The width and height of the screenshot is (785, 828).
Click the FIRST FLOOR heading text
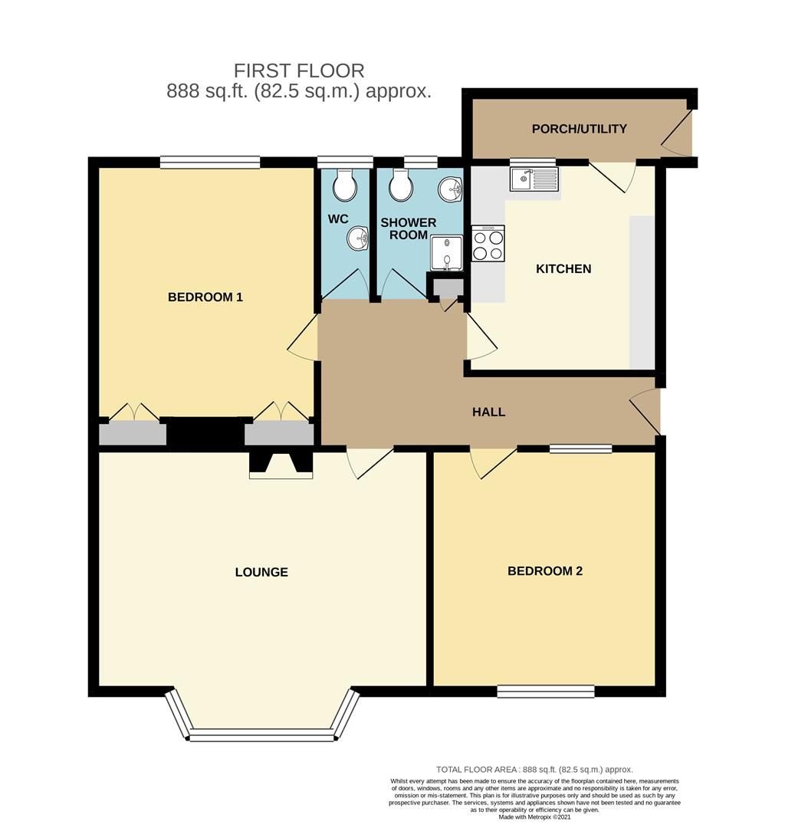[299, 71]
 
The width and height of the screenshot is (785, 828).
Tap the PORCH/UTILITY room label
[579, 129]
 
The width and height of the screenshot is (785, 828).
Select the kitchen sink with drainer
[534, 179]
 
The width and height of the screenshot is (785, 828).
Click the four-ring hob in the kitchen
[488, 244]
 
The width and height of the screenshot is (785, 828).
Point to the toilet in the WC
[344, 184]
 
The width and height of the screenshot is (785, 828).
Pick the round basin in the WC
[356, 238]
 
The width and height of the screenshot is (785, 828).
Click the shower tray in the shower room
[446, 253]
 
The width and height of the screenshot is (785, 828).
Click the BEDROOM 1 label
[205, 297]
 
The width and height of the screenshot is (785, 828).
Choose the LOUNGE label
[261, 572]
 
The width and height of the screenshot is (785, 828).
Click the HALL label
[488, 412]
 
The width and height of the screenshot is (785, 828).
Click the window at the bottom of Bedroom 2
[545, 692]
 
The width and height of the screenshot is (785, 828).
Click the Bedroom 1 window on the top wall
[210, 162]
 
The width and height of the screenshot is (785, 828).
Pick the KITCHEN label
[563, 269]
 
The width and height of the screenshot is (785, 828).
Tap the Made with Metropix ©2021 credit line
[534, 817]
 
